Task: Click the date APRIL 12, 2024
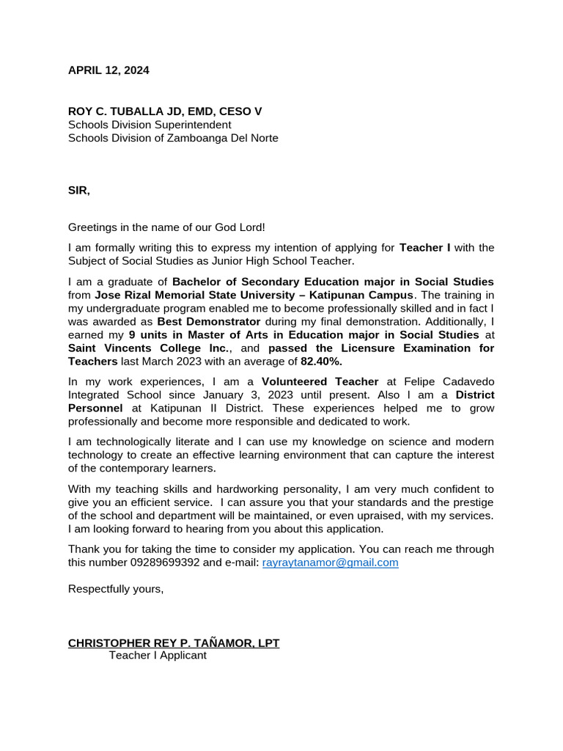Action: point(108,70)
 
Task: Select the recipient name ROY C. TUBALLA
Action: point(117,111)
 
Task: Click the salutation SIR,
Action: point(79,191)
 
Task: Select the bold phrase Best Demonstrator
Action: point(209,321)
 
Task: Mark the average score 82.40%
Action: point(321,362)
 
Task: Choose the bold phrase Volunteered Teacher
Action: point(320,381)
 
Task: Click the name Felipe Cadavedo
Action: point(450,381)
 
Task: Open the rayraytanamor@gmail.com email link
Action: point(330,563)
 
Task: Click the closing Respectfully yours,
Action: point(116,589)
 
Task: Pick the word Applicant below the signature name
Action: point(183,656)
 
